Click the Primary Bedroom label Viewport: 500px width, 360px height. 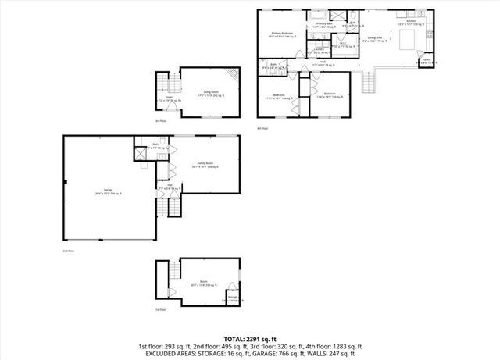tap(281, 34)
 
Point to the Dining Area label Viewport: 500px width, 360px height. tap(375, 38)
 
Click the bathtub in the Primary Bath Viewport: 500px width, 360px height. tap(319, 15)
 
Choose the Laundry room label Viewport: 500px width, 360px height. tap(319, 51)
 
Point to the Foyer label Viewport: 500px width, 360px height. tap(169, 99)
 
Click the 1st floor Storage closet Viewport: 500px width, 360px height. tap(232, 297)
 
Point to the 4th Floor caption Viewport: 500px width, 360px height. tap(262, 127)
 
